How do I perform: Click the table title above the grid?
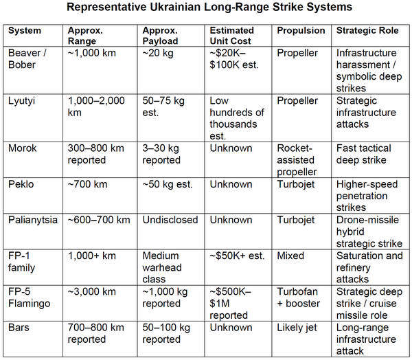click(x=209, y=7)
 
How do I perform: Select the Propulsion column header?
click(x=301, y=30)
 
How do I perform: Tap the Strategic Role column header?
click(x=367, y=30)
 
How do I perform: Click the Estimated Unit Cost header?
click(x=231, y=36)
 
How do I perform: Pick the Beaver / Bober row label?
click(x=27, y=59)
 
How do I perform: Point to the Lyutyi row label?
click(x=21, y=101)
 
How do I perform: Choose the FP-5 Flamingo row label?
click(x=29, y=297)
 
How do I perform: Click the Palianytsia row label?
click(x=33, y=220)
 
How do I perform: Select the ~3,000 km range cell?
click(x=92, y=292)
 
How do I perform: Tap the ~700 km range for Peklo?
click(x=87, y=184)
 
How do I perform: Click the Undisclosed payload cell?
click(x=170, y=220)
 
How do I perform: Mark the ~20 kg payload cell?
click(x=158, y=54)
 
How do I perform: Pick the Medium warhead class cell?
click(x=162, y=267)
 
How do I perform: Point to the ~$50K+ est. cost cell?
click(x=237, y=256)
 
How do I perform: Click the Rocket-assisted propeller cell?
click(x=297, y=160)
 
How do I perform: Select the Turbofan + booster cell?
click(x=298, y=297)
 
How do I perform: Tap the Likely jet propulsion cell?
click(x=297, y=328)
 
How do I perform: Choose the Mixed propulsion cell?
click(x=290, y=256)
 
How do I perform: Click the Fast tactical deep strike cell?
click(x=364, y=155)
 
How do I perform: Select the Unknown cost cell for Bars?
click(x=231, y=328)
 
